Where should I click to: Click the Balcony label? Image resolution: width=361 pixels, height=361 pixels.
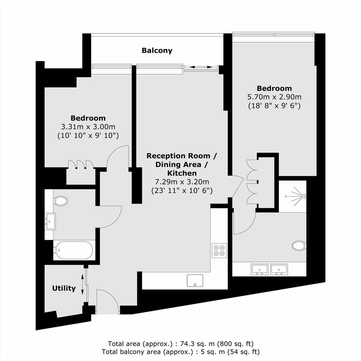click(x=157, y=50)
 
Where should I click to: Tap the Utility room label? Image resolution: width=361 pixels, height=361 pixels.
click(x=64, y=288)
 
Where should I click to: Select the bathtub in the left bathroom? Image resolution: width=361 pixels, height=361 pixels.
click(x=73, y=250)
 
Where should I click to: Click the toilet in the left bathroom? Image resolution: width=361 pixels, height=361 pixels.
click(x=61, y=201)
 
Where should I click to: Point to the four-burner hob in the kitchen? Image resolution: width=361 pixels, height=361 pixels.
click(x=219, y=250)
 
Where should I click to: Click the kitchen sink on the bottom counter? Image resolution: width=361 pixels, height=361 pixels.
click(x=195, y=280)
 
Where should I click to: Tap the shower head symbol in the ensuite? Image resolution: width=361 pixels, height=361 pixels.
click(x=296, y=196)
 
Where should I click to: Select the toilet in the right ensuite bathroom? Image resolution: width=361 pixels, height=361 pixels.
click(x=299, y=245)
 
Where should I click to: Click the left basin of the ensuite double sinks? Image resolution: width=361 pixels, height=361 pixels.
click(x=260, y=269)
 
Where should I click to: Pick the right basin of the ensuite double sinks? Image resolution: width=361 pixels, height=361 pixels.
click(x=279, y=269)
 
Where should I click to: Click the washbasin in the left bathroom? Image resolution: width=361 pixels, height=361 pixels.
click(x=51, y=221)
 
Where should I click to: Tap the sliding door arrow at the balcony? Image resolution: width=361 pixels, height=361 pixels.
click(x=201, y=67)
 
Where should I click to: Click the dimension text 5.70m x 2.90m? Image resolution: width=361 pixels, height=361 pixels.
click(x=275, y=97)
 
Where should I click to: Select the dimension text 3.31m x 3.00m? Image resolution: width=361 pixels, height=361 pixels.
click(x=88, y=127)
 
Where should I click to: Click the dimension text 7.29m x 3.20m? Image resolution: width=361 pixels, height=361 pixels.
click(x=182, y=182)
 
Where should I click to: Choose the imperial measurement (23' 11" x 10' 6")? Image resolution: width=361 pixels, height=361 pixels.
click(x=182, y=190)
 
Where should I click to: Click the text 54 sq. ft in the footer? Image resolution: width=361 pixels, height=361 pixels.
click(x=242, y=352)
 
